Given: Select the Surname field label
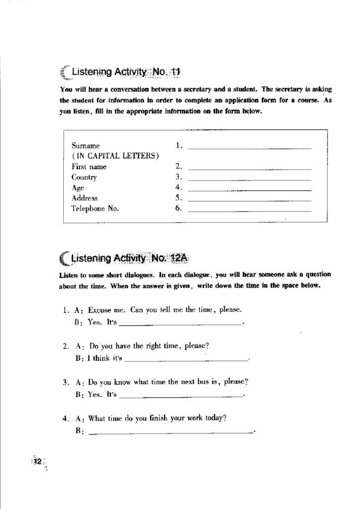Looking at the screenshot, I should [x=86, y=146].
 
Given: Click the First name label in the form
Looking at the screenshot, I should [x=89, y=167].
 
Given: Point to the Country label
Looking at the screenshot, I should [x=84, y=177].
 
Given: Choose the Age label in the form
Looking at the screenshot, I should [x=78, y=188].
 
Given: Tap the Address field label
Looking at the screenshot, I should [x=85, y=198].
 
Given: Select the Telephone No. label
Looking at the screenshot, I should [x=95, y=209].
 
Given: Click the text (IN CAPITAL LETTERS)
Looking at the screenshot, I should [x=115, y=157].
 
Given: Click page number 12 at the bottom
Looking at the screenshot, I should [x=37, y=462].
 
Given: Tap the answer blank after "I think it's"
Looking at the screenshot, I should [x=187, y=359].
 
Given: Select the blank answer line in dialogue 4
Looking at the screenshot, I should [x=171, y=432].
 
